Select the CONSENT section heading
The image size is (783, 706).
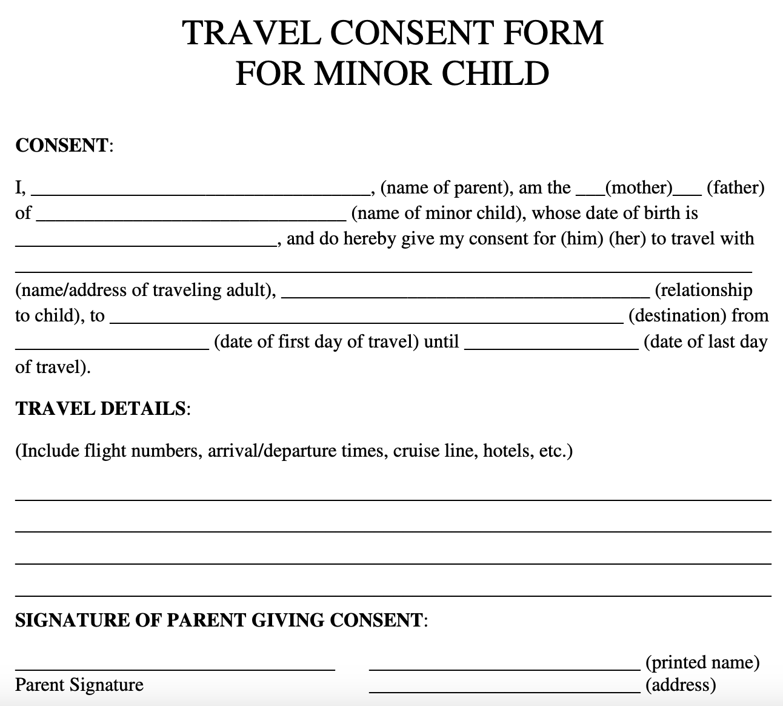[x=61, y=146]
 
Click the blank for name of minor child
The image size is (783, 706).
[x=191, y=215]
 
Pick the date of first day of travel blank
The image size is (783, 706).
[x=112, y=344]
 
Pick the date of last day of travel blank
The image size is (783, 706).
[x=551, y=344]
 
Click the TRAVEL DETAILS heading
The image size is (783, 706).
[x=100, y=409]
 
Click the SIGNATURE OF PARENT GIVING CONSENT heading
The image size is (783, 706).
[x=218, y=620]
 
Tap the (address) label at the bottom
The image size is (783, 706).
[x=681, y=685]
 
